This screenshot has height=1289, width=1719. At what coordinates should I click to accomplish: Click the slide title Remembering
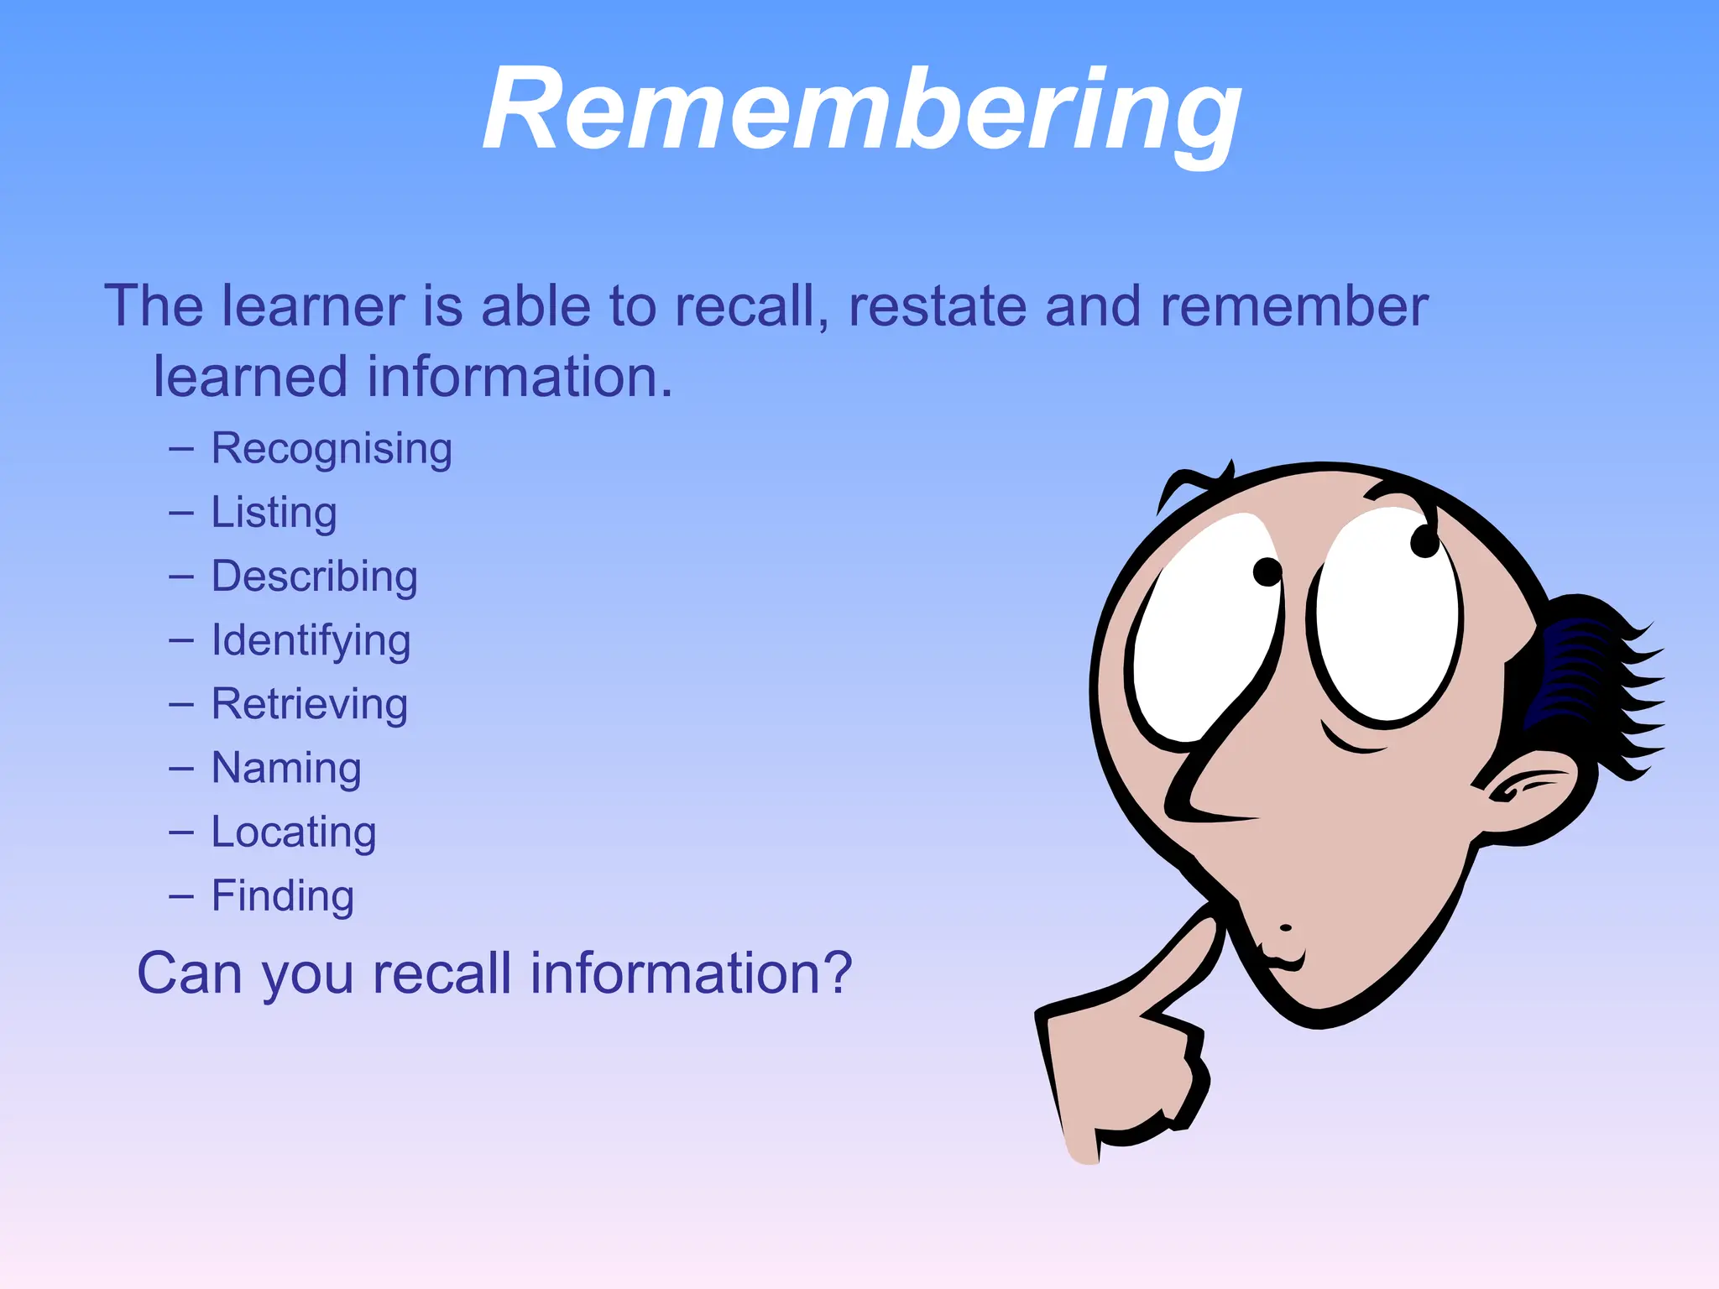pos(861,109)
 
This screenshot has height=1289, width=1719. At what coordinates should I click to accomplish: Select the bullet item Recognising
pos(332,449)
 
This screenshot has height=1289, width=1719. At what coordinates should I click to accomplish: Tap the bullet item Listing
pos(274,513)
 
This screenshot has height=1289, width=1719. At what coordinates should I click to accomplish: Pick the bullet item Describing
pos(314,577)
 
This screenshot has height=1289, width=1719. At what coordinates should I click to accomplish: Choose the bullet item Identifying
pos(311,641)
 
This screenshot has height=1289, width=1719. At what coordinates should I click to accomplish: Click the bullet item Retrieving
pos(309,704)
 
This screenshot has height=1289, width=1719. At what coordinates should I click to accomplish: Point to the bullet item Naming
pos(286,769)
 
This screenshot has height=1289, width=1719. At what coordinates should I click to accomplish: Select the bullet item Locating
pos(293,832)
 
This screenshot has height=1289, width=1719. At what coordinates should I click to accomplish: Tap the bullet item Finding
pos(282,895)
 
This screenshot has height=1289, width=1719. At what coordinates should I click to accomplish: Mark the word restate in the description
pos(937,305)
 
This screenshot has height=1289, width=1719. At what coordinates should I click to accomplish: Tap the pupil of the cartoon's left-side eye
pos(1267,572)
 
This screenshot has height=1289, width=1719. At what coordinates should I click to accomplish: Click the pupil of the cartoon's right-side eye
pos(1424,541)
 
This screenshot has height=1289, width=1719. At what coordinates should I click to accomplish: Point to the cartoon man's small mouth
pos(1283,957)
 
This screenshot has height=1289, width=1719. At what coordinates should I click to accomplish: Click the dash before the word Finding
pos(180,896)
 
